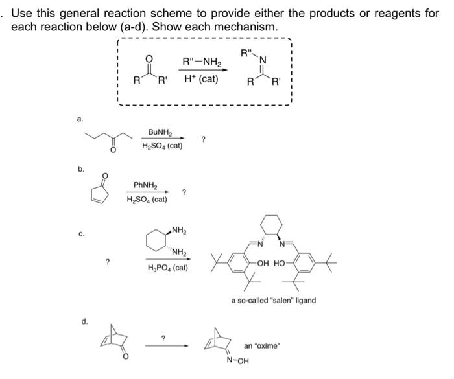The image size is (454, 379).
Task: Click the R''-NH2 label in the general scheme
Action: click(201, 63)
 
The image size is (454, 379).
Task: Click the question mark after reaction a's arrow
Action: click(204, 139)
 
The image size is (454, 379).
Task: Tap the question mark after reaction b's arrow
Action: click(185, 192)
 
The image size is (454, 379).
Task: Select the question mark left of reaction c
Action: click(108, 262)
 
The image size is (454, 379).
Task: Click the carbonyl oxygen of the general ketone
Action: click(148, 60)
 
